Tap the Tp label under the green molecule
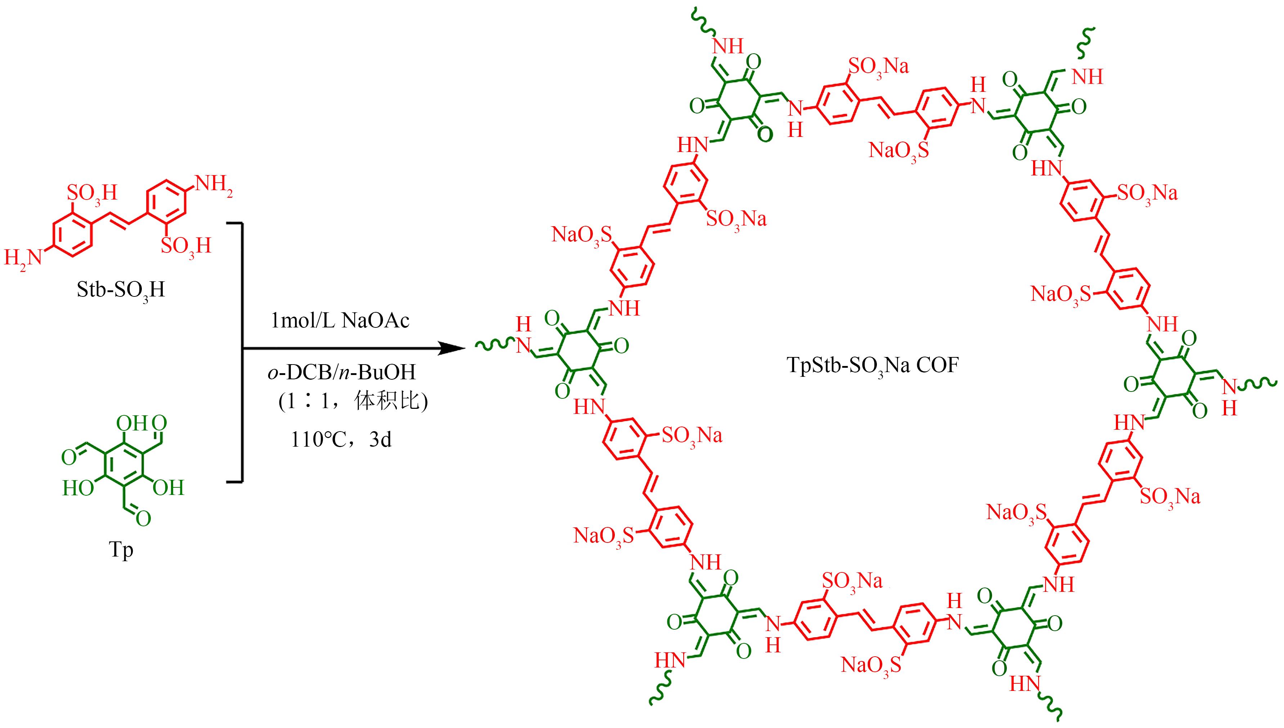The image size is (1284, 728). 121,550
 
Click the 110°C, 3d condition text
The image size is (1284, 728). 342,440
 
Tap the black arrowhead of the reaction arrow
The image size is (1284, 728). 450,348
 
